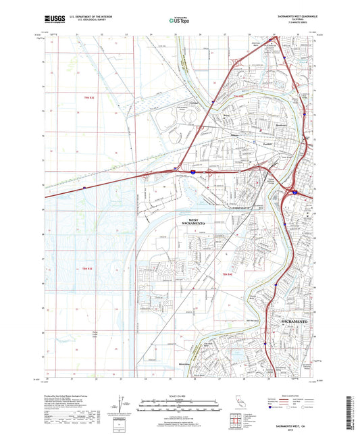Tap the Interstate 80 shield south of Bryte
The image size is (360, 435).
coord(192,173)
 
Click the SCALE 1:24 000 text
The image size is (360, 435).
coord(179,395)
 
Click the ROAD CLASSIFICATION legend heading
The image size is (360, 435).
coord(291,396)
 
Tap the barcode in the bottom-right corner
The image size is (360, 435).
coord(351,412)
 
